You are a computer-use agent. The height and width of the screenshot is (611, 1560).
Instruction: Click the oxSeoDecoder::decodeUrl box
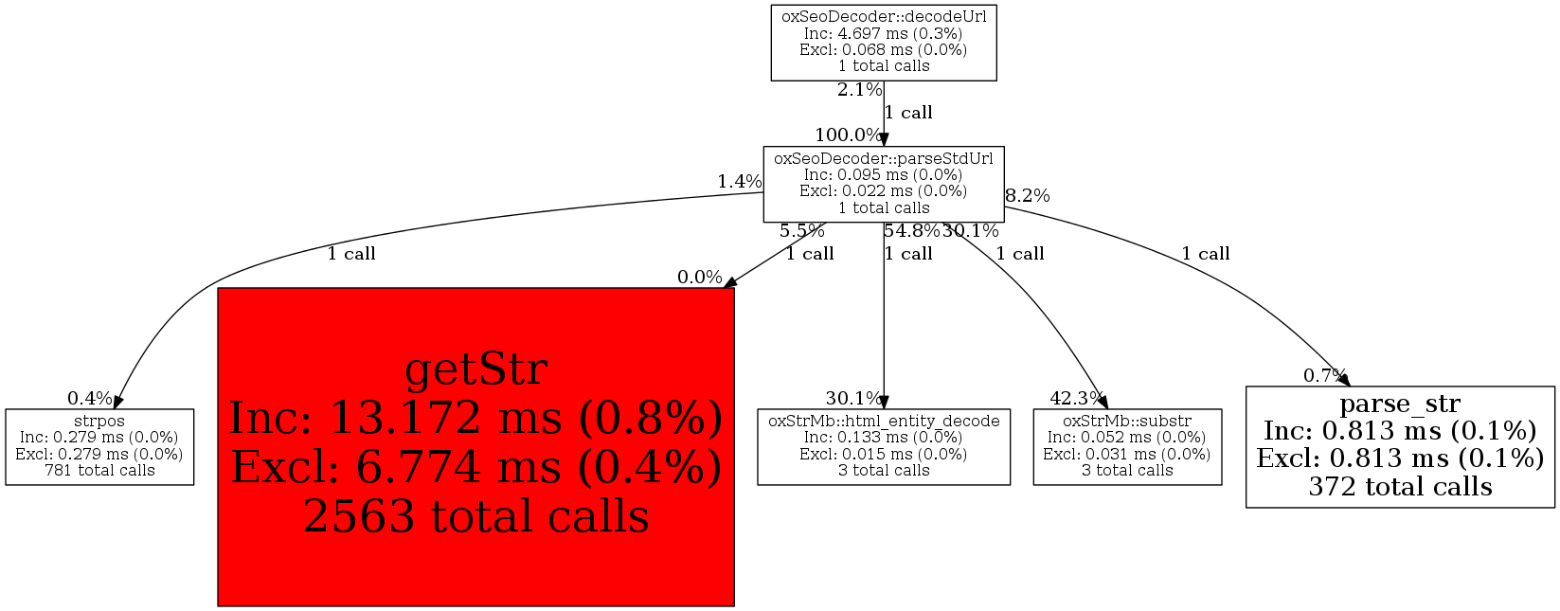[884, 44]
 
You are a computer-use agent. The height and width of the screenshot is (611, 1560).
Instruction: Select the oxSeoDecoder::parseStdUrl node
[884, 184]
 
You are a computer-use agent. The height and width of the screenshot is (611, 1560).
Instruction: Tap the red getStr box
[475, 446]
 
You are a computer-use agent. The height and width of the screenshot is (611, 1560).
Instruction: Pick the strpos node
[99, 446]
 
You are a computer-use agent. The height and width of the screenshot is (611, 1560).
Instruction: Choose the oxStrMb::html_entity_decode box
[884, 446]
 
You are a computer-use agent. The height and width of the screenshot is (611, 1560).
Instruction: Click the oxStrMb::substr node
[1127, 446]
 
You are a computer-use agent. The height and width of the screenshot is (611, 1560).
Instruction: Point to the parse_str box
[1400, 446]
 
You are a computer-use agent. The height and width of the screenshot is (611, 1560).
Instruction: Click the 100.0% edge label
[849, 135]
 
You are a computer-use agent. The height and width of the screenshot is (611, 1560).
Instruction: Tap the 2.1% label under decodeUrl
[859, 90]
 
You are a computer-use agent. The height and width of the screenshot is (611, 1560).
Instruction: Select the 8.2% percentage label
[1028, 196]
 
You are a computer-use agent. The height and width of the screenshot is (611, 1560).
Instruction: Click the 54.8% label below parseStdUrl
[912, 230]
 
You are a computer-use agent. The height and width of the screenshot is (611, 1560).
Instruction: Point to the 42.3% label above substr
[1076, 399]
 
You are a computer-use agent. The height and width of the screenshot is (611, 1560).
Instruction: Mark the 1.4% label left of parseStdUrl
[740, 182]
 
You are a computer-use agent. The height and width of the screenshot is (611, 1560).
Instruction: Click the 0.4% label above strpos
[90, 399]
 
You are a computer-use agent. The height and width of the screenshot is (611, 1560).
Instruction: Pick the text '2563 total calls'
[476, 516]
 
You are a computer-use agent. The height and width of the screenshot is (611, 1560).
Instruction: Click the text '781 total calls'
[99, 470]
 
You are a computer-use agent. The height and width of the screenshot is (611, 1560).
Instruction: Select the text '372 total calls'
[1400, 486]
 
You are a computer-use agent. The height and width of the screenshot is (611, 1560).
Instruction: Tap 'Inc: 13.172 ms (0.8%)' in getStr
[476, 418]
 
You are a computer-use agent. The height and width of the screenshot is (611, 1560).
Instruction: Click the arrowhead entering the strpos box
[117, 402]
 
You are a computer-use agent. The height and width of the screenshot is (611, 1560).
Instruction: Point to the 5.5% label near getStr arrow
[801, 231]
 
